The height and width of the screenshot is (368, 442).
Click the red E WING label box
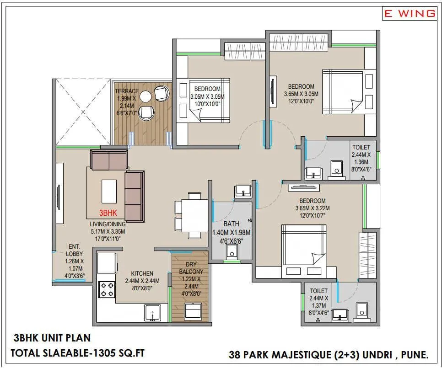410,13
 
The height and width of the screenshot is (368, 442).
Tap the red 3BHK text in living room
109,213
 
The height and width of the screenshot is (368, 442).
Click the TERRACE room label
126,91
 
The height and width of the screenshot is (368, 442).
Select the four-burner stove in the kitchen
107,289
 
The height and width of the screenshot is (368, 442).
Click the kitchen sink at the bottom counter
152,314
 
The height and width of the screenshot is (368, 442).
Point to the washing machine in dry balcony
192,312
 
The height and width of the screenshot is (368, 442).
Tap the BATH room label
231,224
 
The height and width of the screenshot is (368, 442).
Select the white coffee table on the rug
109,191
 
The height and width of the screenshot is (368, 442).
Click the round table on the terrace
146,96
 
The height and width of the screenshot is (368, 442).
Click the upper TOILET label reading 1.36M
361,148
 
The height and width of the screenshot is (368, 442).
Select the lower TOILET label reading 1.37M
318,291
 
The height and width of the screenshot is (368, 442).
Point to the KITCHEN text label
142,273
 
